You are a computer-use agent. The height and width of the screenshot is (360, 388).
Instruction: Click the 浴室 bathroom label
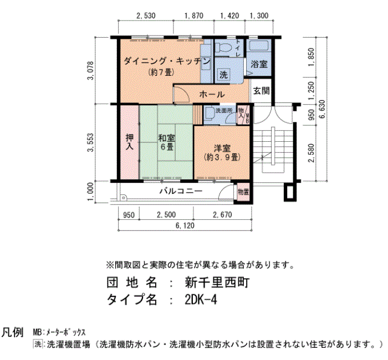[259, 64]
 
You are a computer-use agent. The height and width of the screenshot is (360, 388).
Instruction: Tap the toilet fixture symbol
[223, 47]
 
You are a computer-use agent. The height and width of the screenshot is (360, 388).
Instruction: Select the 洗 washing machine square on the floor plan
[223, 74]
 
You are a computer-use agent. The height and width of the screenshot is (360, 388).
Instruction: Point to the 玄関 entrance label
[261, 91]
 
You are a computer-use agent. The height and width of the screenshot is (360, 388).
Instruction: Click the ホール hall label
[212, 94]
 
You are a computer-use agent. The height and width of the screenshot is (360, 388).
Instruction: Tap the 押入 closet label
[129, 142]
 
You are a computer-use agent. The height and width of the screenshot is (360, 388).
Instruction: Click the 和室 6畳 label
[166, 142]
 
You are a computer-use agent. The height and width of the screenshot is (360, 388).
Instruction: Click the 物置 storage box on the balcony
[243, 192]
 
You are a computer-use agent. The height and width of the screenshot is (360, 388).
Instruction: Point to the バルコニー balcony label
[181, 191]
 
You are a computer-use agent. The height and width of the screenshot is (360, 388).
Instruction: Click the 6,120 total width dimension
[185, 225]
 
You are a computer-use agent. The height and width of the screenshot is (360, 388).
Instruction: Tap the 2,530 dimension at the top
[146, 16]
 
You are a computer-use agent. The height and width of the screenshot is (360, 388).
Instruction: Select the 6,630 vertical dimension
[323, 109]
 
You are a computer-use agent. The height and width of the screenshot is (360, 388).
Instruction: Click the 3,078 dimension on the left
[91, 70]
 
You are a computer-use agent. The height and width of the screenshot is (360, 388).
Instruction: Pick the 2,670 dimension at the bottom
[222, 215]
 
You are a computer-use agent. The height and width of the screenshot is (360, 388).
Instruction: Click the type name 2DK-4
[201, 300]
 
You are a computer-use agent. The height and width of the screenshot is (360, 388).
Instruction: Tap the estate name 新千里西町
[217, 282]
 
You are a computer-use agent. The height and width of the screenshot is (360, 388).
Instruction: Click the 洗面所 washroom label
[223, 110]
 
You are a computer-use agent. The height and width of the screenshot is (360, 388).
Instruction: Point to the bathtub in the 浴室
[259, 46]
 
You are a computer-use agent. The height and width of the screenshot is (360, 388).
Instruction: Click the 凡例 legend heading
[12, 332]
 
